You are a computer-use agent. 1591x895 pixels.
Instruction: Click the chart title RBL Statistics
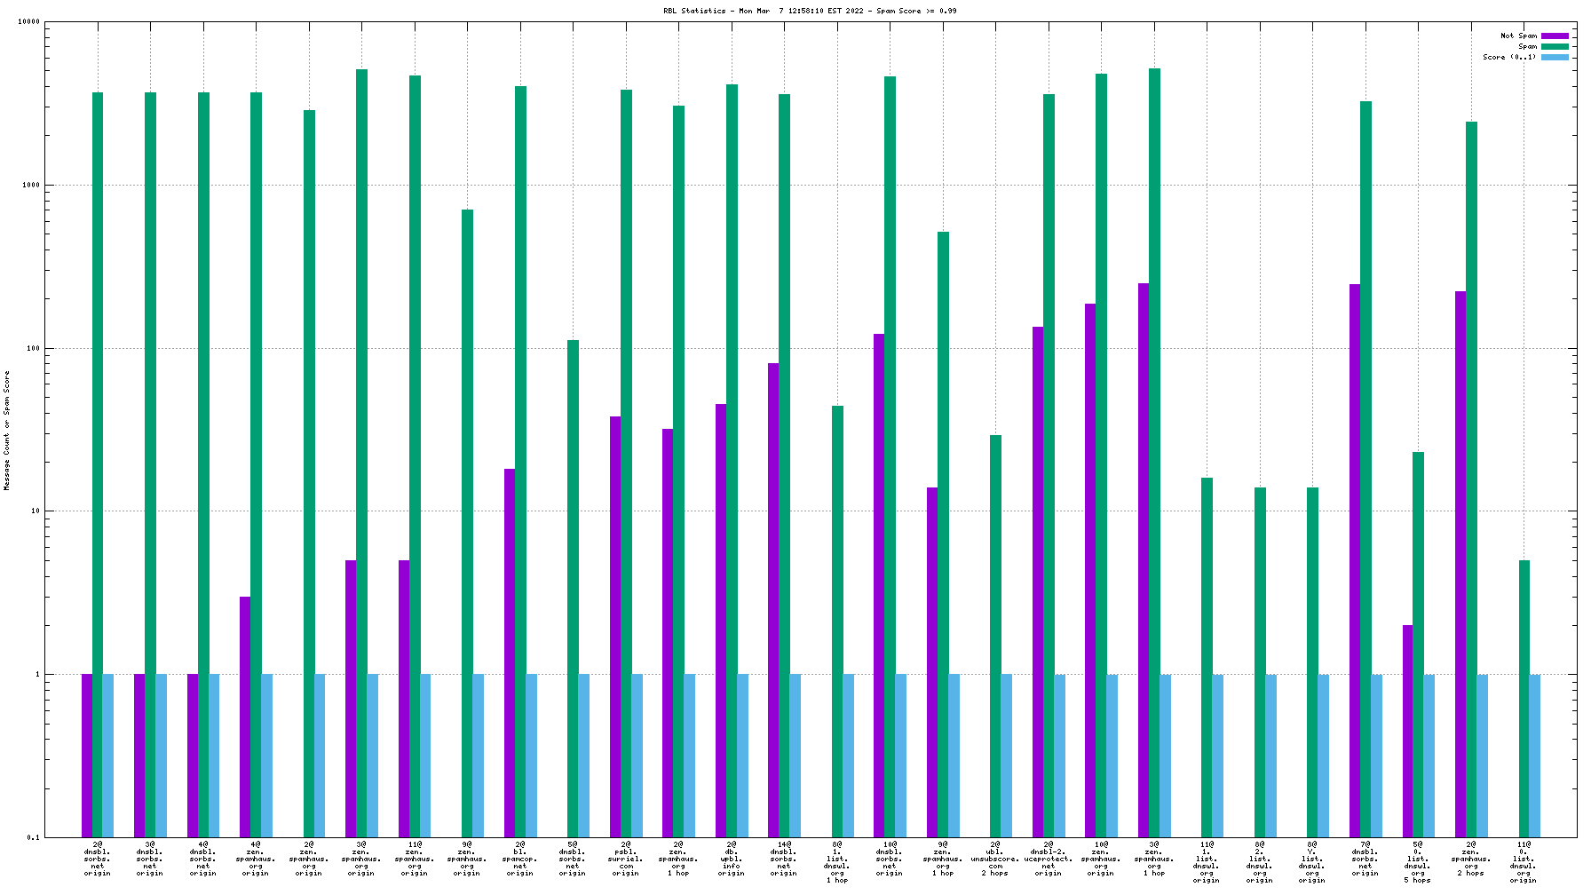coord(810,11)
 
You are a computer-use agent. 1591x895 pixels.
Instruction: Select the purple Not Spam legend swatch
coord(1555,36)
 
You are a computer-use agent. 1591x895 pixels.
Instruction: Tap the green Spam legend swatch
coord(1555,47)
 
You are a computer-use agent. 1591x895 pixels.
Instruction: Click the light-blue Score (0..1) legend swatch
coord(1555,58)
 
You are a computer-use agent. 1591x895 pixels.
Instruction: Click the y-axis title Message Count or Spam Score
coord(7,430)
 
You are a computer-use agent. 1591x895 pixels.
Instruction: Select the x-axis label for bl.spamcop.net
coord(520,859)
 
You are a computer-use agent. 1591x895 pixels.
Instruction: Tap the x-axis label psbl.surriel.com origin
coord(626,859)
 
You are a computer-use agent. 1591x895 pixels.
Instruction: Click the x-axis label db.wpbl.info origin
coord(732,859)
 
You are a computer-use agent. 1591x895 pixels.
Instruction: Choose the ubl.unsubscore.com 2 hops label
coord(995,859)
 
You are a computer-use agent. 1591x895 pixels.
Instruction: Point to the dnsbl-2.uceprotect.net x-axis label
coord(1049,859)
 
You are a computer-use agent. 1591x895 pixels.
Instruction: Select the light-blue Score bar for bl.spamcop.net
coord(531,756)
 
